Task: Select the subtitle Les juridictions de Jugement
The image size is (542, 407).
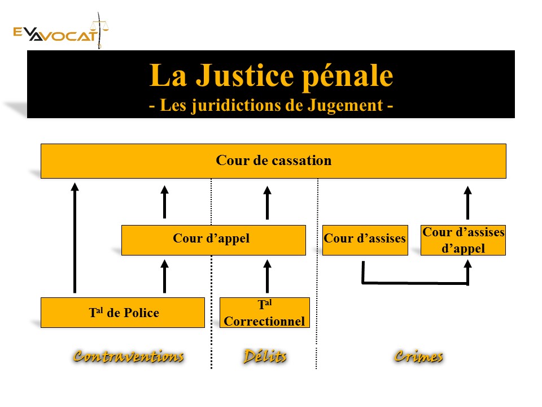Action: pyautogui.click(x=271, y=106)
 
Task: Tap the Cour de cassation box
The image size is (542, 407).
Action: pyautogui.click(x=273, y=161)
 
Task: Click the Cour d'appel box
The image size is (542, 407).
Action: pyautogui.click(x=213, y=240)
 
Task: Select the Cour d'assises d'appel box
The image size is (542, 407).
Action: pyautogui.click(x=463, y=240)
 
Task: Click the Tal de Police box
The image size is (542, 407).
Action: pyautogui.click(x=123, y=313)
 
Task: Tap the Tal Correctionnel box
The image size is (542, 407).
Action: pyautogui.click(x=264, y=313)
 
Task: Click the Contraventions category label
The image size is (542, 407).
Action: pyautogui.click(x=129, y=357)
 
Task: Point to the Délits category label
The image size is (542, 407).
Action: pyautogui.click(x=265, y=357)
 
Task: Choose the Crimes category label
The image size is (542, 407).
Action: pyautogui.click(x=418, y=357)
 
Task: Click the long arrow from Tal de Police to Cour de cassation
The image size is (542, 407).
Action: pyautogui.click(x=75, y=237)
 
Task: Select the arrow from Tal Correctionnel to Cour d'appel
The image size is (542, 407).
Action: pyautogui.click(x=267, y=276)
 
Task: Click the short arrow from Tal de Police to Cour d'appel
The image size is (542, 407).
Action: pyautogui.click(x=164, y=276)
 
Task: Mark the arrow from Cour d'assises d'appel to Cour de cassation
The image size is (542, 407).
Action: pyautogui.click(x=467, y=202)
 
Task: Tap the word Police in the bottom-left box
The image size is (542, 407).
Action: pyautogui.click(x=141, y=313)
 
